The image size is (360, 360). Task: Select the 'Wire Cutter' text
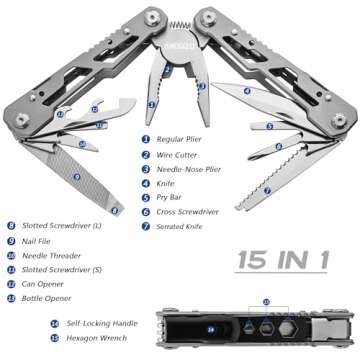pyautogui.click(x=177, y=155)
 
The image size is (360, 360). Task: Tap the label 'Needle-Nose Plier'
pyautogui.click(x=189, y=169)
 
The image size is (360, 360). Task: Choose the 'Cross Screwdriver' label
pyautogui.click(x=188, y=212)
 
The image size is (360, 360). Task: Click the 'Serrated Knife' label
pyautogui.click(x=182, y=227)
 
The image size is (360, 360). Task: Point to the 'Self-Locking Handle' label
pyautogui.click(x=93, y=323)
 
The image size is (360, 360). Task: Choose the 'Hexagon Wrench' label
pyautogui.click(x=89, y=338)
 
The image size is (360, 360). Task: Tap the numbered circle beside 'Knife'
pyautogui.click(x=145, y=184)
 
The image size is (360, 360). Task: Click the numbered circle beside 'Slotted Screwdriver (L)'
pyautogui.click(x=11, y=226)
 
